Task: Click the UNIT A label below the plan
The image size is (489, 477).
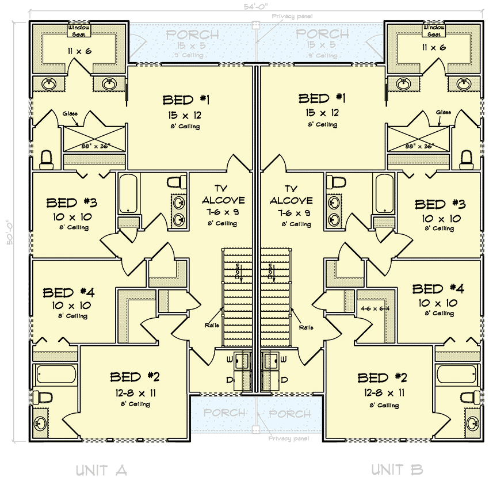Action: click(101, 470)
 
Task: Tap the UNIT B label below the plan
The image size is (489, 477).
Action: click(396, 470)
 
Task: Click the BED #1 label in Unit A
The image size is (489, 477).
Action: click(185, 100)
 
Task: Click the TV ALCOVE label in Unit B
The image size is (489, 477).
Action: click(291, 194)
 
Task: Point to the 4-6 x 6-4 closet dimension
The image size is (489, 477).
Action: click(374, 308)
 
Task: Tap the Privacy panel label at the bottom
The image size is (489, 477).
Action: click(289, 438)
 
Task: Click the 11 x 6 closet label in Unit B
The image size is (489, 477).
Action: click(434, 48)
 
